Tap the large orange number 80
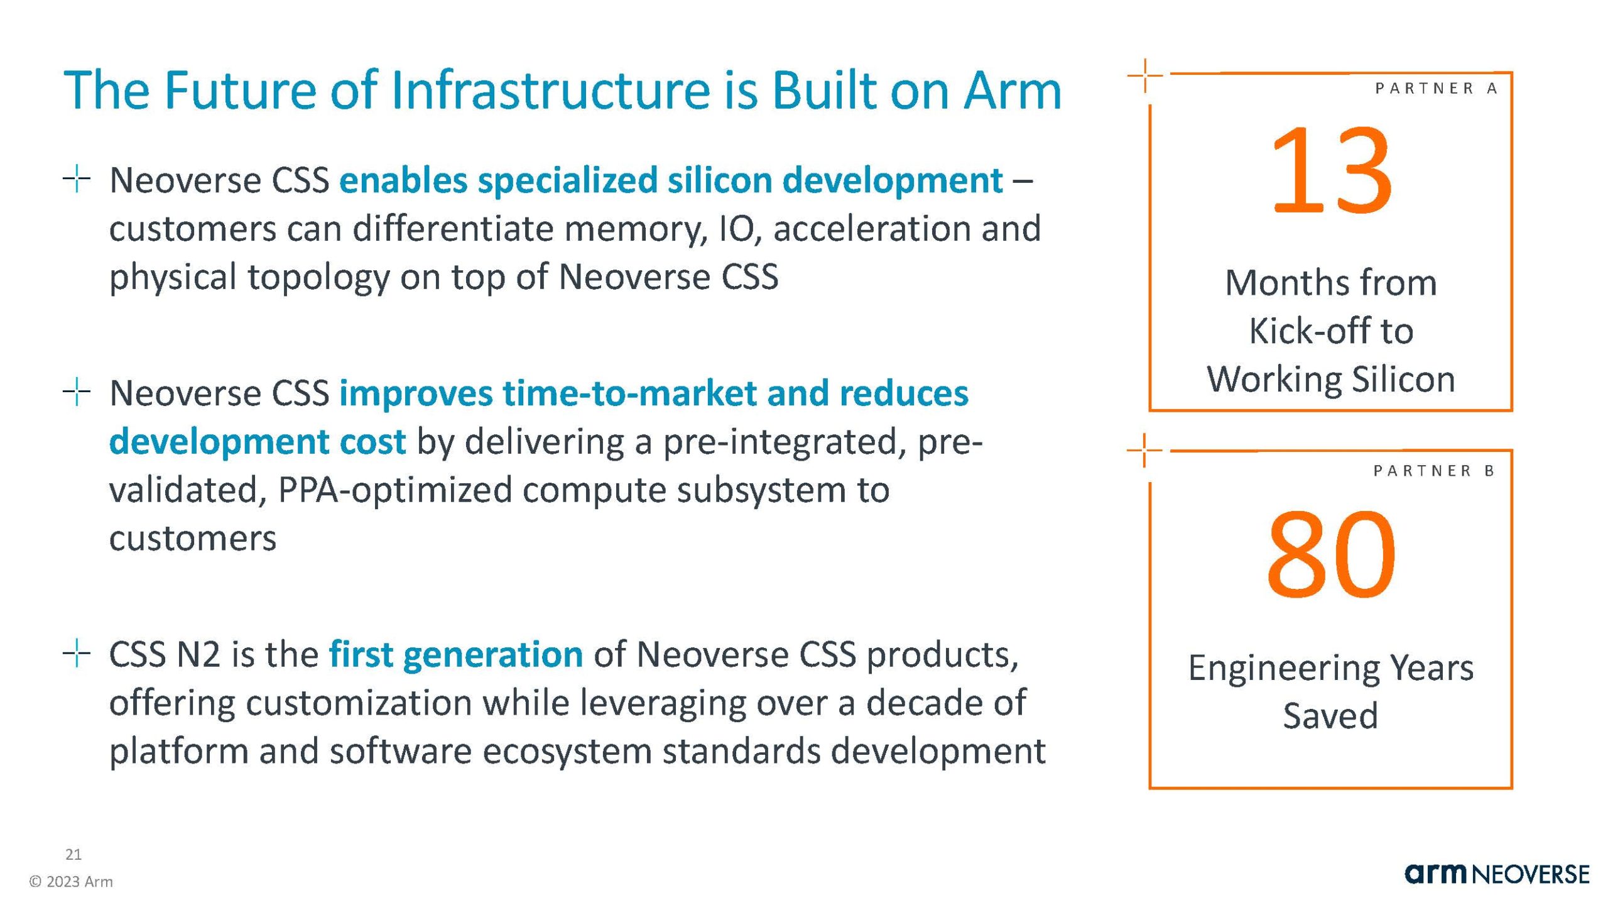tap(1331, 554)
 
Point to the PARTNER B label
tap(1435, 471)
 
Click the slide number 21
tap(73, 854)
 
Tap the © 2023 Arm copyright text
tap(71, 882)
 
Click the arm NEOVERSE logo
tap(1497, 874)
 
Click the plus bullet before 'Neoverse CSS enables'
tap(77, 179)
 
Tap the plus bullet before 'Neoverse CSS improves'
tap(77, 392)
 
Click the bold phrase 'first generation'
tap(456, 654)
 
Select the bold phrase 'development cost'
tap(258, 442)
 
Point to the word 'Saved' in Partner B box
tap(1330, 715)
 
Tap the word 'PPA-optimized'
tap(395, 490)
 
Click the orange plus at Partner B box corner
tap(1144, 450)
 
